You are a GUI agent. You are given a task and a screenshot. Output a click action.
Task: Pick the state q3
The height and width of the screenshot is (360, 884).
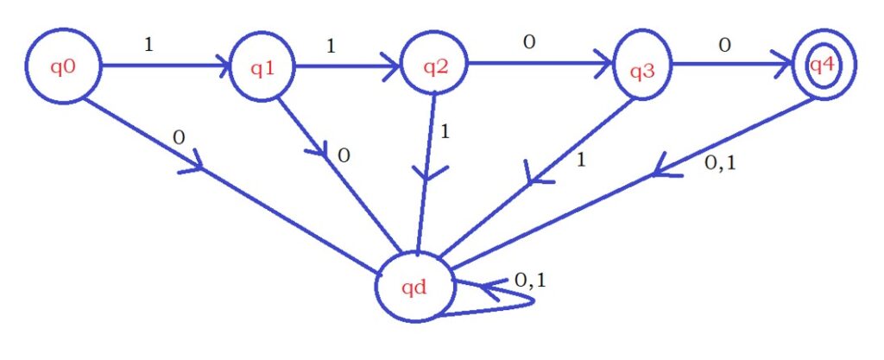tap(641, 69)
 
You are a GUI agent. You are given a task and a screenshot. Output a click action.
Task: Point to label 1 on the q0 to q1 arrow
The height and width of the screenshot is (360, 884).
tap(148, 43)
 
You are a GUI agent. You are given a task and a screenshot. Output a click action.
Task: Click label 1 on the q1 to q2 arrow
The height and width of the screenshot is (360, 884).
tap(330, 45)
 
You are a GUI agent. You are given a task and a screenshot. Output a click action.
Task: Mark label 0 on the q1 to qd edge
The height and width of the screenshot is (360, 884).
tap(343, 155)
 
